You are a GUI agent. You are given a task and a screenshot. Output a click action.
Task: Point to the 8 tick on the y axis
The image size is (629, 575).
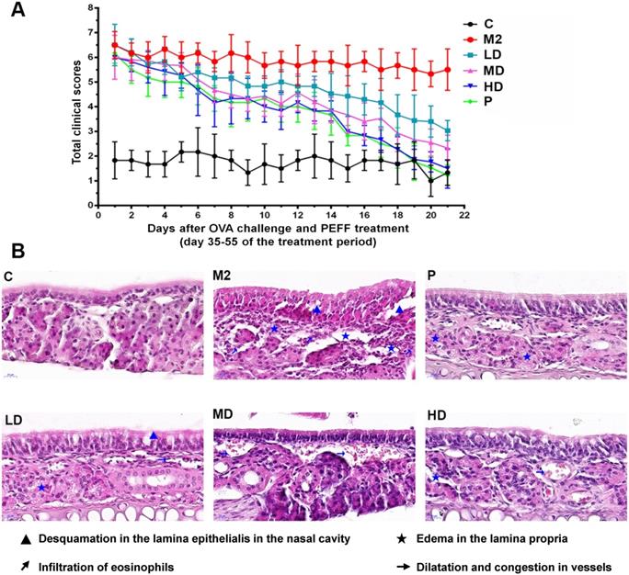point(89,8)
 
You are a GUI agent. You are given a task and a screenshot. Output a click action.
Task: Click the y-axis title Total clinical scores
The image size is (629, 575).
point(76,107)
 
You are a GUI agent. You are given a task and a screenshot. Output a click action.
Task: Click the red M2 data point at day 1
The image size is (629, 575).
point(115,45)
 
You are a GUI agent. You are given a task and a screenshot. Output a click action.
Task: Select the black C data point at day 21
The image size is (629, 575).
point(448,173)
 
